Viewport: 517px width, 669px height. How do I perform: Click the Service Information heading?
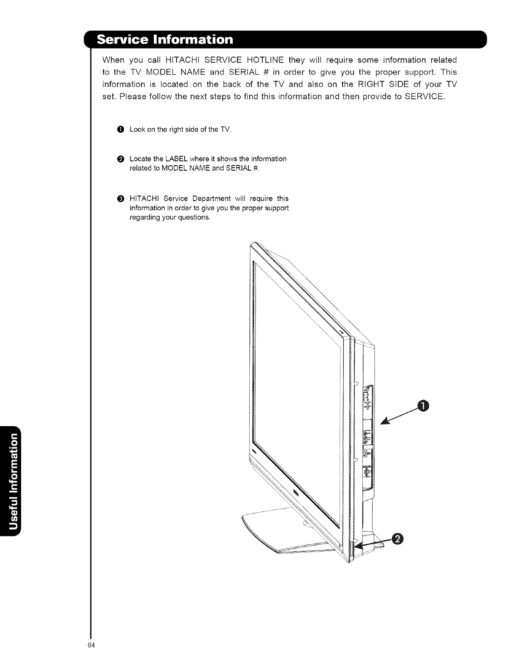tap(165, 40)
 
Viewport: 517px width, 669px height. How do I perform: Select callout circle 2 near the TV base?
tap(397, 539)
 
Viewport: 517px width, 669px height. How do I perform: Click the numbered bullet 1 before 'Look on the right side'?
tap(121, 129)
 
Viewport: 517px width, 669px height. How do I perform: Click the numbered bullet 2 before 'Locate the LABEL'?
tap(121, 159)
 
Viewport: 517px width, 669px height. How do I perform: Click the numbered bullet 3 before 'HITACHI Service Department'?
tap(121, 199)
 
